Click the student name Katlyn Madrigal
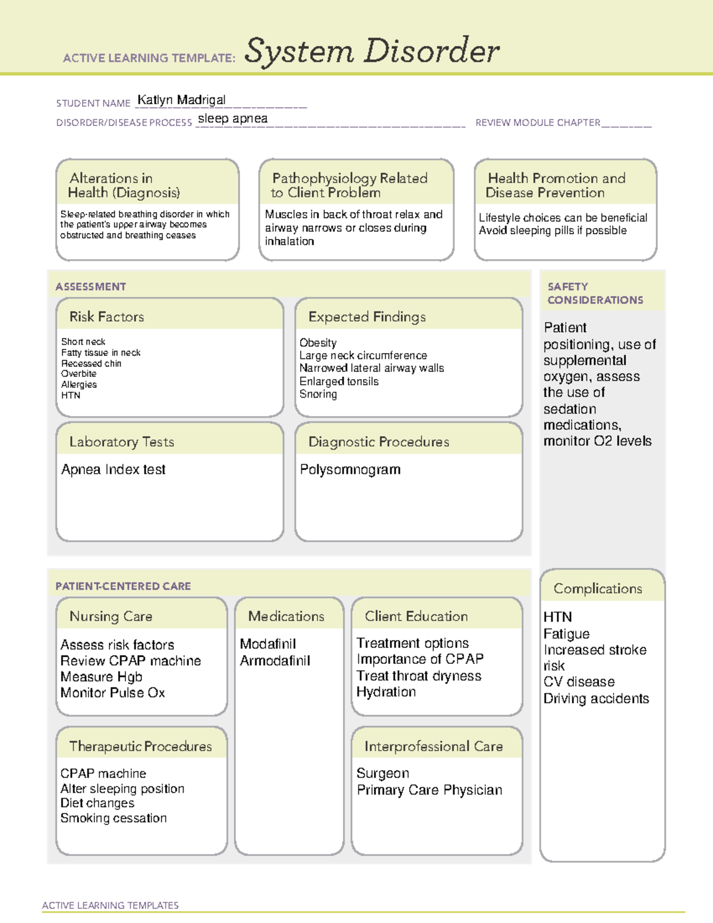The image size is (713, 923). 181,100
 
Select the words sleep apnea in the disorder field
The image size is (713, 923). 232,118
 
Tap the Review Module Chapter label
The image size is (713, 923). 537,123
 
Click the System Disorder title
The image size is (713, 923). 371,51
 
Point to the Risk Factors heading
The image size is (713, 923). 106,317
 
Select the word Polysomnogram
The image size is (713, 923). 350,470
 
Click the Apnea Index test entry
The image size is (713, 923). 113,470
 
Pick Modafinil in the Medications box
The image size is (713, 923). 268,644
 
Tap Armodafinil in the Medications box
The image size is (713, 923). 275,661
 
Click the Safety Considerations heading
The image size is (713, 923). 595,293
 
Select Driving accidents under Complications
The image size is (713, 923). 596,698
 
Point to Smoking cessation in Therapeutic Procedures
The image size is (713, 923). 113,818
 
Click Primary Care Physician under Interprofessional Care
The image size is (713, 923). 429,790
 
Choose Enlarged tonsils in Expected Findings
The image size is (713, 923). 339,382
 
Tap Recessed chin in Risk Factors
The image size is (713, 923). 91,363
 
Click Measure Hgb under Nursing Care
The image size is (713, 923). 101,677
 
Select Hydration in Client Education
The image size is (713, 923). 386,692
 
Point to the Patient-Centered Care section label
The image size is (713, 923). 123,586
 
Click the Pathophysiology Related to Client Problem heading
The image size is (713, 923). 349,185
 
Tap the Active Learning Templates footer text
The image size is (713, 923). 110,905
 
